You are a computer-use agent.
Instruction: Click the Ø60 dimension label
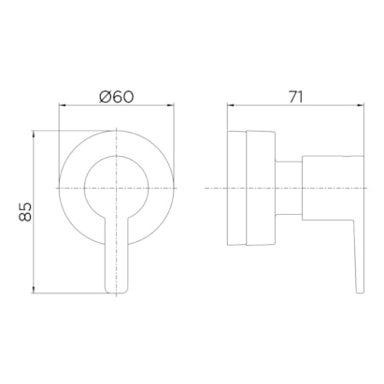(x=117, y=96)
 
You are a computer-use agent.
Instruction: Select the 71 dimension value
(x=295, y=97)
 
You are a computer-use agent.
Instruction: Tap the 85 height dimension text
(x=25, y=212)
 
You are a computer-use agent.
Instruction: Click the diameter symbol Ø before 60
(x=106, y=97)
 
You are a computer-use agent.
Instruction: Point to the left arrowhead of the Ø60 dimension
(x=63, y=106)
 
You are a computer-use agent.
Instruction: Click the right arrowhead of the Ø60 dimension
(x=170, y=106)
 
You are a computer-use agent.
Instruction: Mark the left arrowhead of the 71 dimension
(x=231, y=106)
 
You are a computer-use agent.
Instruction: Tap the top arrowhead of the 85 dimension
(x=34, y=135)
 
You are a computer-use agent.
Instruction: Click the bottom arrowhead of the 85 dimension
(x=34, y=290)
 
